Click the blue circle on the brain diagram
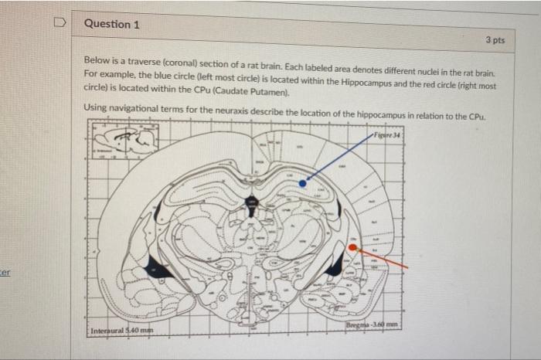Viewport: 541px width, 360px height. tap(303, 184)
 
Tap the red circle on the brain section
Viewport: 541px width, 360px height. tap(352, 249)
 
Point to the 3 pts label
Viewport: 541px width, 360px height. tap(495, 39)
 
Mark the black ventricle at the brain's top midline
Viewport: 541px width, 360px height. tap(250, 202)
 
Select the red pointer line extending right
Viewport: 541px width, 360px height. tap(383, 259)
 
